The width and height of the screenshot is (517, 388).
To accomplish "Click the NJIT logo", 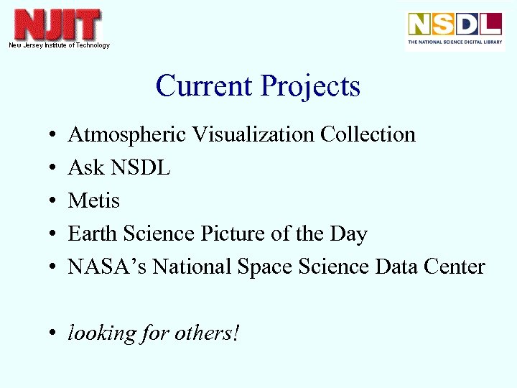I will (58, 25).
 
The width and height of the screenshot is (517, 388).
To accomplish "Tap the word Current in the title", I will (205, 86).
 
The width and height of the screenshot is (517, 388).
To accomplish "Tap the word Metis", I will (93, 200).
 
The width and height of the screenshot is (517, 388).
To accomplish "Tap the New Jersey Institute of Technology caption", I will (59, 45).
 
